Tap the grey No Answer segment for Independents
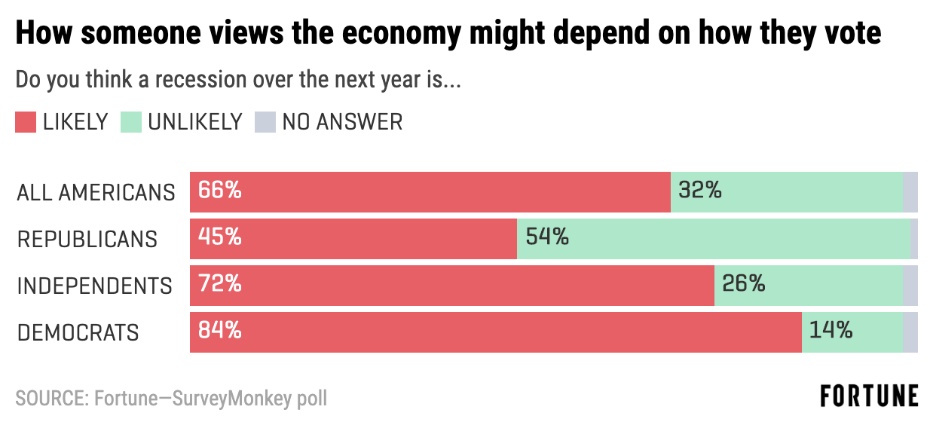pyautogui.click(x=910, y=286)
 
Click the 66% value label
pyautogui.click(x=220, y=191)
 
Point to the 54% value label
pyautogui.click(x=547, y=238)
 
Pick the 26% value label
pyautogui.click(x=743, y=285)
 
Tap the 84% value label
pyautogui.click(x=220, y=332)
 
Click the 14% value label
pyautogui.click(x=831, y=332)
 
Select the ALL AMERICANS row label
pyautogui.click(x=96, y=193)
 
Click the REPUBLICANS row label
pyautogui.click(x=87, y=240)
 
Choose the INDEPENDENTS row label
pyautogui.click(x=94, y=286)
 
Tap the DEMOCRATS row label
pyautogui.click(x=78, y=333)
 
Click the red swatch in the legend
pyautogui.click(x=26, y=122)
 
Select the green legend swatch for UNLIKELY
pyautogui.click(x=131, y=122)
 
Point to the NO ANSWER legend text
pyautogui.click(x=342, y=122)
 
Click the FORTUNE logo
pyautogui.click(x=869, y=396)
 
